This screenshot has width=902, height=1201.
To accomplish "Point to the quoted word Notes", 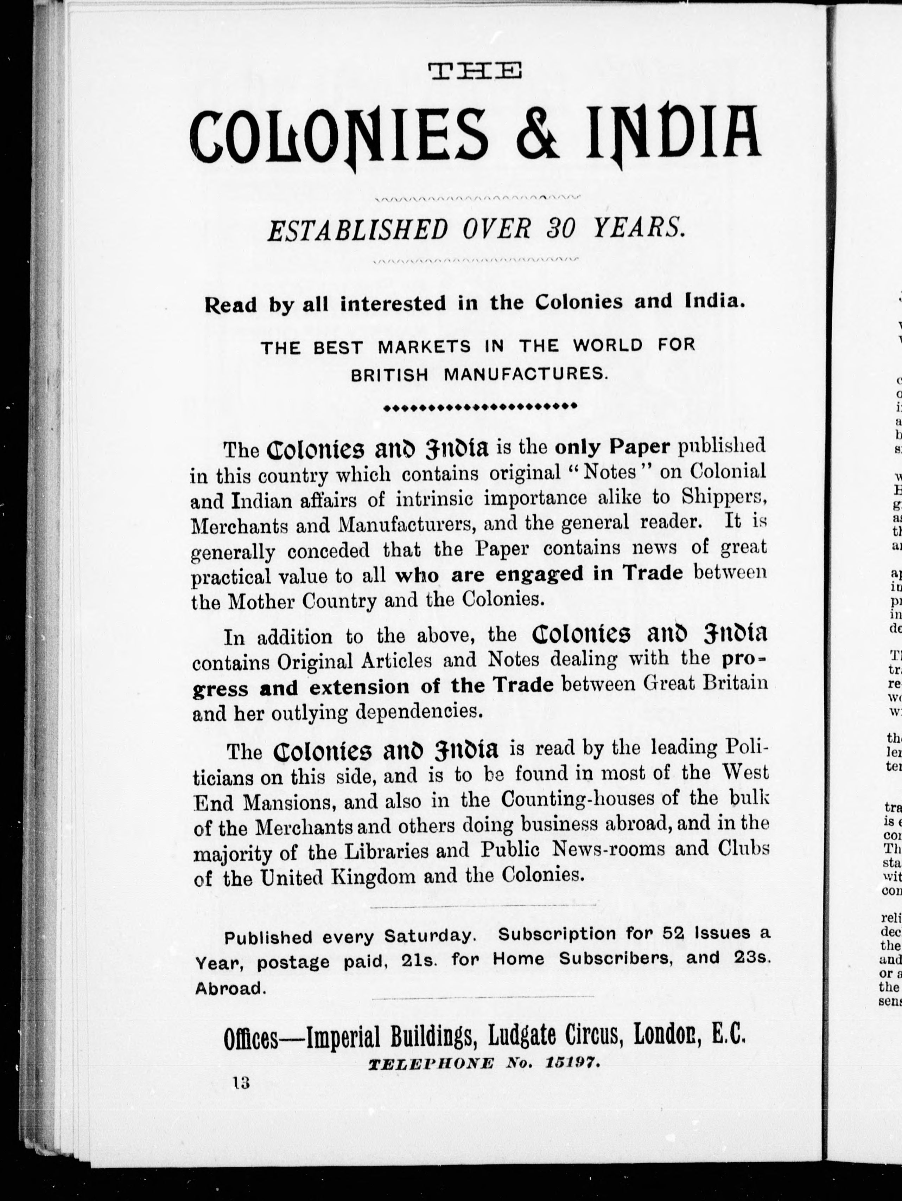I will (609, 471).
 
